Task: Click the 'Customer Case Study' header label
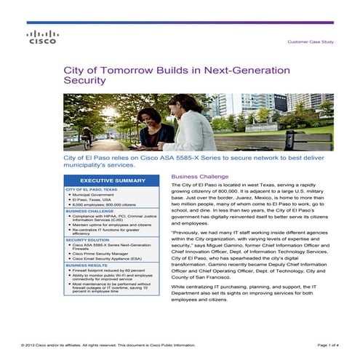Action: (x=311, y=42)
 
